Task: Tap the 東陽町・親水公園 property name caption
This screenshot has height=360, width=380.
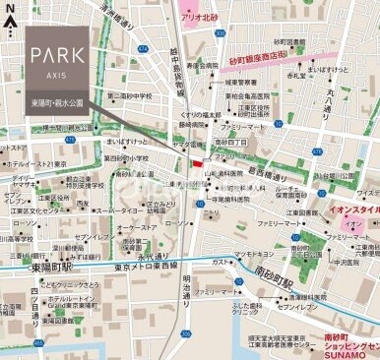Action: pyautogui.click(x=55, y=99)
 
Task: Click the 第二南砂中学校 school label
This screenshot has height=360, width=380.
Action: pyautogui.click(x=130, y=96)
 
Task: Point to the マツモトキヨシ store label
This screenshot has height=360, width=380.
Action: pyautogui.click(x=254, y=254)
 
